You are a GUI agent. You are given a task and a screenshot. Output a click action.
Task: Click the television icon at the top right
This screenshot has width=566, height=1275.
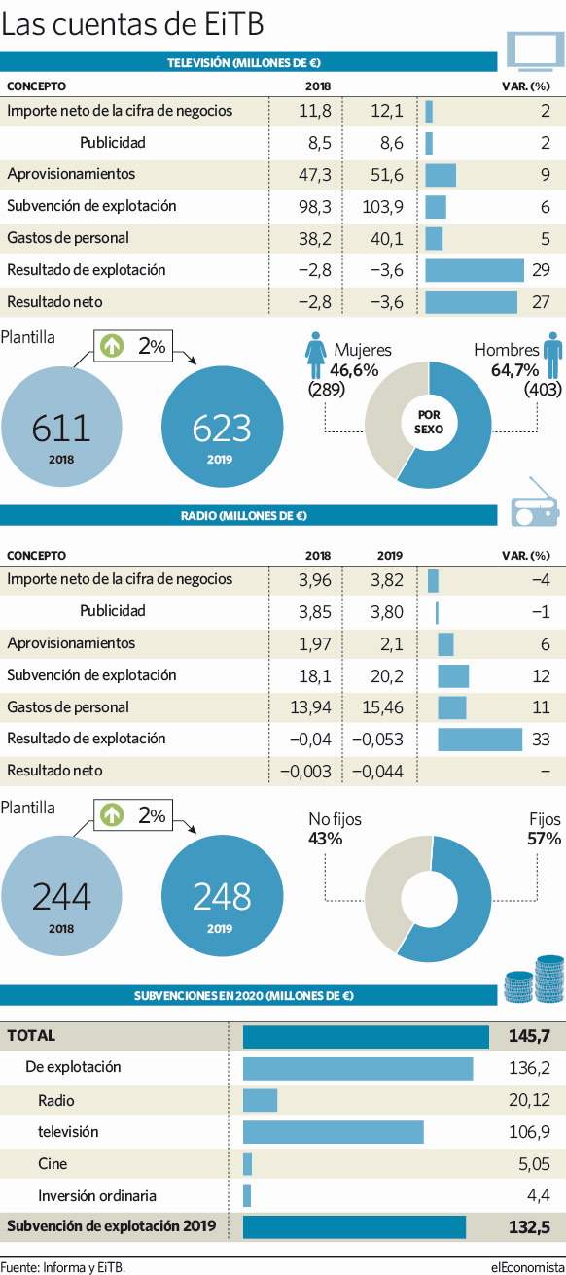(533, 51)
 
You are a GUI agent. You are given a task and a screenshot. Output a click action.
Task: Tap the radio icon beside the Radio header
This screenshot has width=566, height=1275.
(534, 502)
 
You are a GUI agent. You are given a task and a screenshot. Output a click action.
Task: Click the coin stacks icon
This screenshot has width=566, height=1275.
(534, 979)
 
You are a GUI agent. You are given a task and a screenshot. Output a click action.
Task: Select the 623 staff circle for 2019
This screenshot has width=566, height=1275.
(222, 427)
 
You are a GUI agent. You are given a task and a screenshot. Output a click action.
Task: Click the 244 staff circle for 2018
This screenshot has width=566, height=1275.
(61, 895)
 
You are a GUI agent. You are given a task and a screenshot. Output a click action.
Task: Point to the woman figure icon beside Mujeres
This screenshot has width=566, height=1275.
(315, 356)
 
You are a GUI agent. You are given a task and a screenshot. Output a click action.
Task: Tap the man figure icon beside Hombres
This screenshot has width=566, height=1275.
(552, 356)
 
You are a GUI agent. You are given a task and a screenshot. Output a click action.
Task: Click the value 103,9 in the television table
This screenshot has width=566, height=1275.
(382, 207)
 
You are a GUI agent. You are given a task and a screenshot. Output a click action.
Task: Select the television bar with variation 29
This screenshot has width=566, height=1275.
(475, 270)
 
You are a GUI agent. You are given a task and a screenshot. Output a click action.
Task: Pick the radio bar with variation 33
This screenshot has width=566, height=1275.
(480, 740)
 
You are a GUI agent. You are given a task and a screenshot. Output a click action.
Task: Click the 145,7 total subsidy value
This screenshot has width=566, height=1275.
(530, 1035)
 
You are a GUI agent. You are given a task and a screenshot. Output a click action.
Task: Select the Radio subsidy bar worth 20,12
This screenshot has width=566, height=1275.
(261, 1100)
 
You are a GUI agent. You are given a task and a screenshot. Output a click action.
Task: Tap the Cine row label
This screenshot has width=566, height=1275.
(53, 1163)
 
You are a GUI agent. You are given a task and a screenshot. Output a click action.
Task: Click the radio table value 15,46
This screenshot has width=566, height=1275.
(382, 707)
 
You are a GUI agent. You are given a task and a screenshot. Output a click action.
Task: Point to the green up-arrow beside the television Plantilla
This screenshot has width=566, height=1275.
(112, 346)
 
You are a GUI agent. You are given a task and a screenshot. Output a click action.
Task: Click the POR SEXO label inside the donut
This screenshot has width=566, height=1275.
(428, 422)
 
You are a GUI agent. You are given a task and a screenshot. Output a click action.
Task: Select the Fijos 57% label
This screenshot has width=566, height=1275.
(545, 829)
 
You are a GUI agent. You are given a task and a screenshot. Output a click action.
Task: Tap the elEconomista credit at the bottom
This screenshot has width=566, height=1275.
(527, 1267)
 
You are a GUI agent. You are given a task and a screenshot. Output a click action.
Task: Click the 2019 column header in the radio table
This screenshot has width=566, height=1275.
(389, 556)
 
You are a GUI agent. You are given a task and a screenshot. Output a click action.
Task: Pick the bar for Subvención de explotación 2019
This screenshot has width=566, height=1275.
(354, 1227)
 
